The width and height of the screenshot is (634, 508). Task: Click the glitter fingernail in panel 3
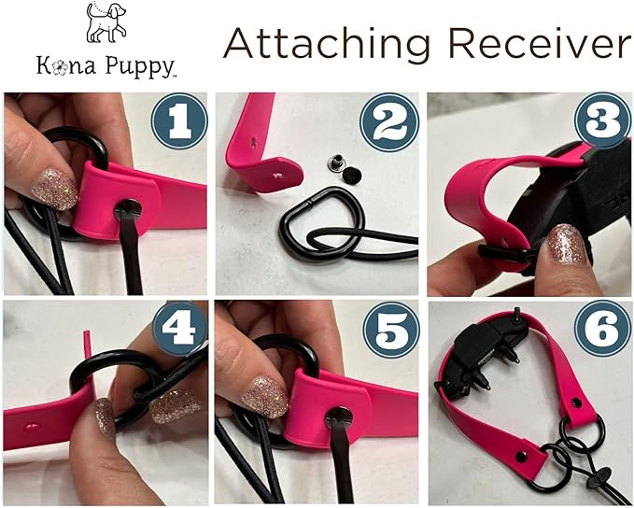(x=566, y=244)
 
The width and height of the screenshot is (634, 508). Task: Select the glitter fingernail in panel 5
(x=264, y=396)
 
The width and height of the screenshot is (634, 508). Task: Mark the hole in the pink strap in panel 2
(x=279, y=172)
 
